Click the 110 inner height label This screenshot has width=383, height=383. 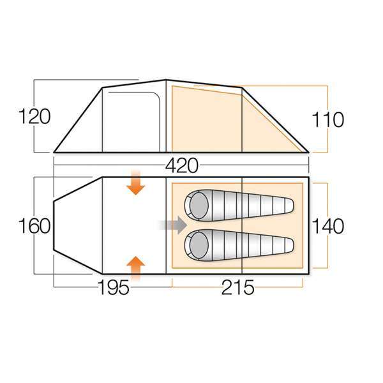[329, 119]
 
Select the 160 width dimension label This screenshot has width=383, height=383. [34, 226]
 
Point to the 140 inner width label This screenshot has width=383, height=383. [329, 226]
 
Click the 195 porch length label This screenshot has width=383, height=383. [114, 287]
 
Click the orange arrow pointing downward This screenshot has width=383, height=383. [136, 183]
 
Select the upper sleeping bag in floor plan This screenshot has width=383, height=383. [239, 205]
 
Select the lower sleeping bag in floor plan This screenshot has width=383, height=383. [239, 244]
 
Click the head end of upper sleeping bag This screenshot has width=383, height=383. [196, 205]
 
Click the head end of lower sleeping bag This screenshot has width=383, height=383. [196, 244]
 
